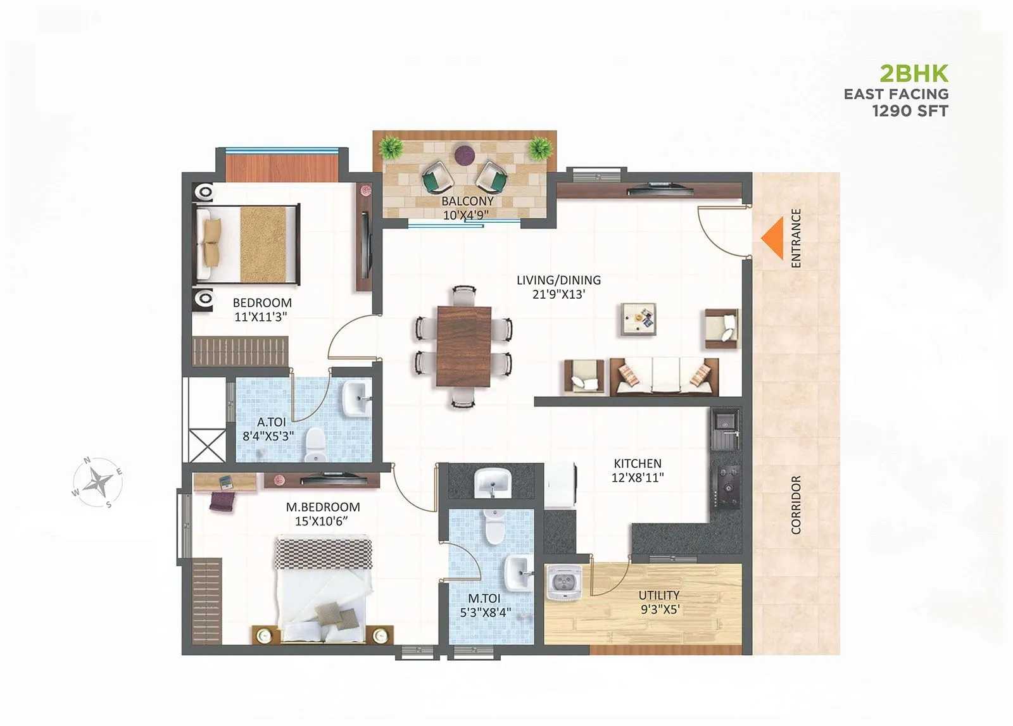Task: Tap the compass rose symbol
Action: pos(98,483)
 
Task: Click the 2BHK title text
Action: pos(914,74)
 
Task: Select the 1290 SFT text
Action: pos(910,111)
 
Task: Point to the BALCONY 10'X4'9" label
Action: pos(467,208)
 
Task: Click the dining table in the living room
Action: pos(463,346)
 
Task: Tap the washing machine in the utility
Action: pos(562,583)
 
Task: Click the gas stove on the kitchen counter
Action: pos(726,487)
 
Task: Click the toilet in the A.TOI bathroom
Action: pos(315,444)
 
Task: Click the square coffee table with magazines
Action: pos(638,318)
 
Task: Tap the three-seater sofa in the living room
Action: pos(664,377)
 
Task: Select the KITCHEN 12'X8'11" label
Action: pos(637,470)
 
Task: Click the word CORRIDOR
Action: pos(796,504)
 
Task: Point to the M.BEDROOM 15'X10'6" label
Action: pos(322,514)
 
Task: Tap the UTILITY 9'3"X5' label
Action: pos(658,602)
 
